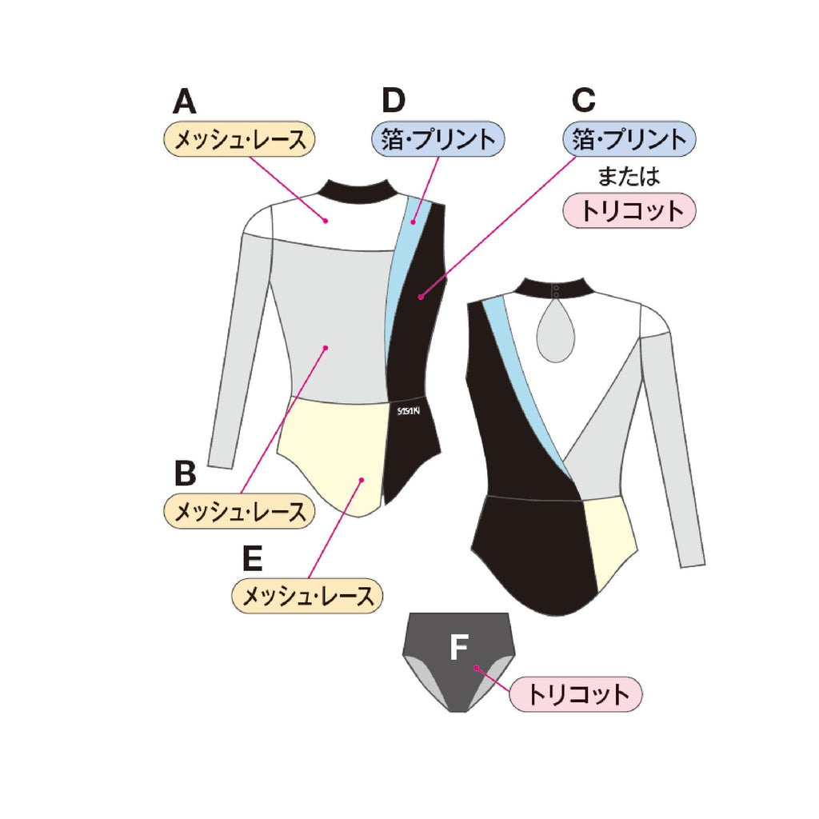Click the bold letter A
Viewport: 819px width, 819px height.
pyautogui.click(x=185, y=102)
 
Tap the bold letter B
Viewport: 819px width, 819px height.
pyautogui.click(x=185, y=473)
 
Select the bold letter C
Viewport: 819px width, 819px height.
pyautogui.click(x=585, y=100)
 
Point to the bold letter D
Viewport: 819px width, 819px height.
pyautogui.click(x=394, y=101)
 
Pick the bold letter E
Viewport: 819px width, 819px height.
pyautogui.click(x=252, y=559)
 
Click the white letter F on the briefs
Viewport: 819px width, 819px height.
pyautogui.click(x=458, y=647)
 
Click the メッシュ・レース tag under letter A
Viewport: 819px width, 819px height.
pyautogui.click(x=240, y=139)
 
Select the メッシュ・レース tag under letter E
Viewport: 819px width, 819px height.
pyautogui.click(x=307, y=596)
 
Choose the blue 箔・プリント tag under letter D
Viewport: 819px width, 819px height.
pyautogui.click(x=438, y=139)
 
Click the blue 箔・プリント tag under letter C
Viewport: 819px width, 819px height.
pyautogui.click(x=629, y=139)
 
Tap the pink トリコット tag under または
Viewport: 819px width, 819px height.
pyautogui.click(x=629, y=211)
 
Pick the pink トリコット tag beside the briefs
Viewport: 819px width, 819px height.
pyautogui.click(x=576, y=693)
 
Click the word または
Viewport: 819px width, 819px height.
pyautogui.click(x=629, y=175)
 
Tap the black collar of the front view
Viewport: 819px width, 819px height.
pyautogui.click(x=357, y=189)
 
